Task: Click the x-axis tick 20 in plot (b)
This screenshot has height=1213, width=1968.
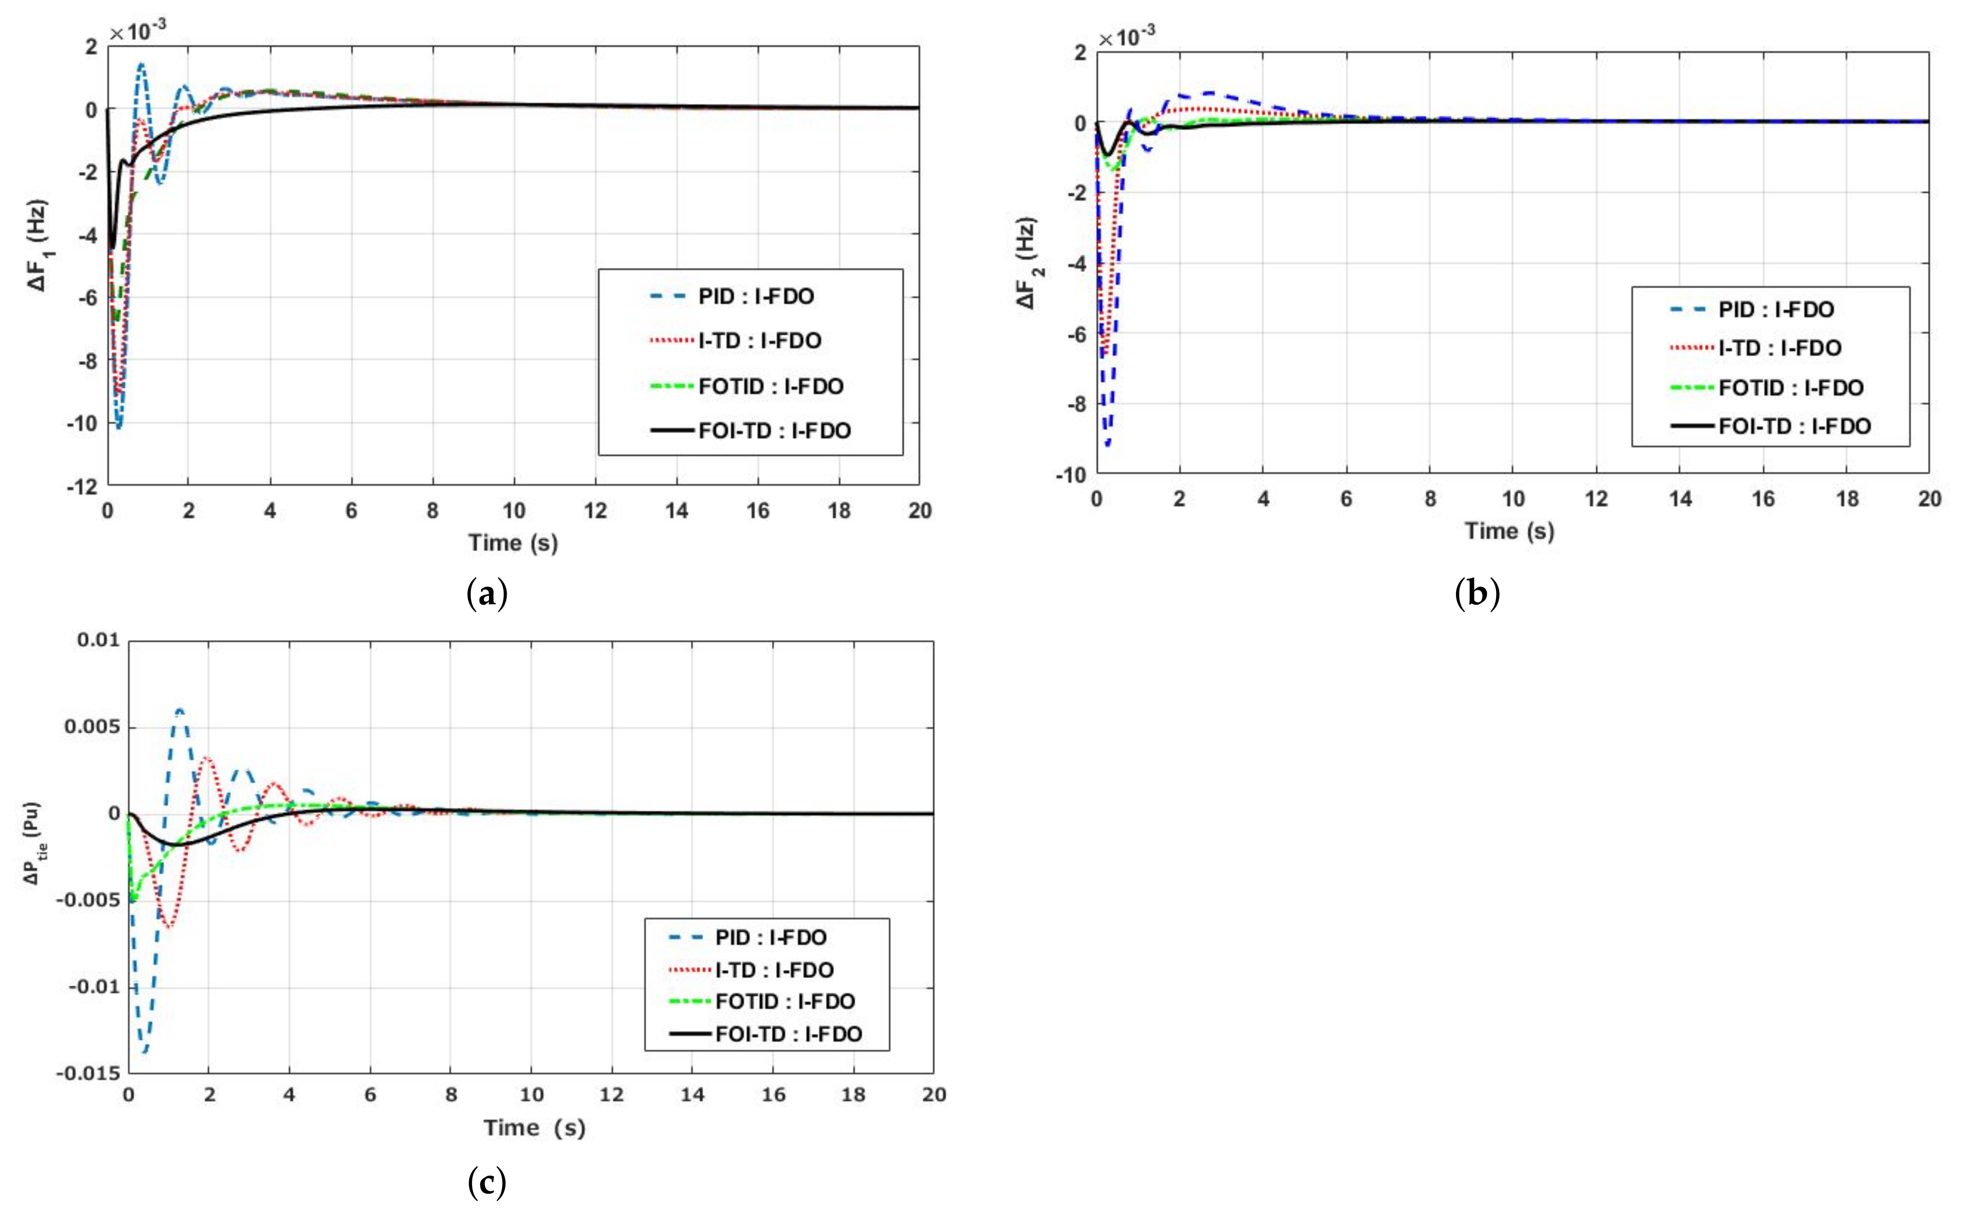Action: [1929, 499]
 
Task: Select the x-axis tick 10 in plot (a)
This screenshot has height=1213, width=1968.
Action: [513, 511]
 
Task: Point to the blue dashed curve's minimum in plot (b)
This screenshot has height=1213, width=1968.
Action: [1108, 444]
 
